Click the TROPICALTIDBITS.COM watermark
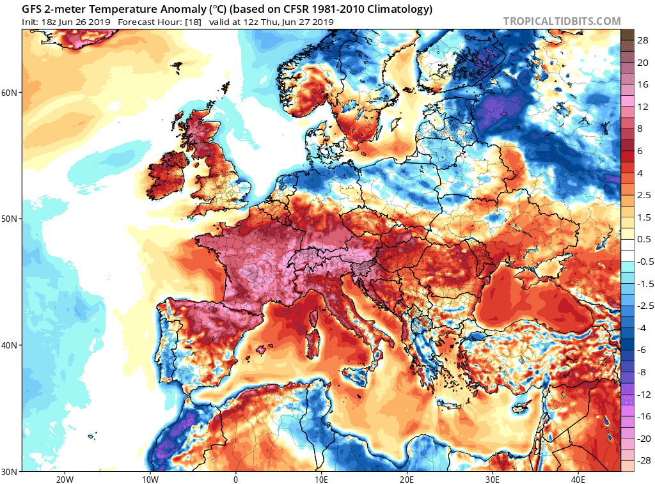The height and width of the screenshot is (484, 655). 562,21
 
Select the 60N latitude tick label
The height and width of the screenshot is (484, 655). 10,93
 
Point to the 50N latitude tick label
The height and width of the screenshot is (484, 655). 10,219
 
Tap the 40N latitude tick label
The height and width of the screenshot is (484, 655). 10,345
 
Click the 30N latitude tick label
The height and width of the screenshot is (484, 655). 10,472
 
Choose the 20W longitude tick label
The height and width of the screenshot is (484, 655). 64,479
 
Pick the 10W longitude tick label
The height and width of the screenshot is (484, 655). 150,479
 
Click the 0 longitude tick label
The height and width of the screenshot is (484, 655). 235,479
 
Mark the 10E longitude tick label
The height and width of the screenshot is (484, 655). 321,479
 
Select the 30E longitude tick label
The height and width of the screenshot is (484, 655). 493,479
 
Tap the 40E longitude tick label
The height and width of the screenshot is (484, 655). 578,479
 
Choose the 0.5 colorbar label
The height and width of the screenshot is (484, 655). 643,239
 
